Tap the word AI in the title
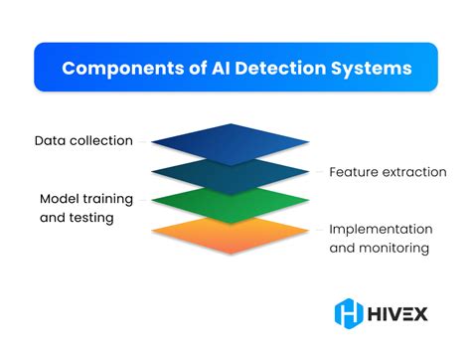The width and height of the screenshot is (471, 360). [x=217, y=70]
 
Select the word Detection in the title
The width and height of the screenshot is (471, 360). [x=281, y=70]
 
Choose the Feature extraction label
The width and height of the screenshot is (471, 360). [x=388, y=172]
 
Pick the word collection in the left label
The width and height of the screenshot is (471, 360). [x=104, y=140]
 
